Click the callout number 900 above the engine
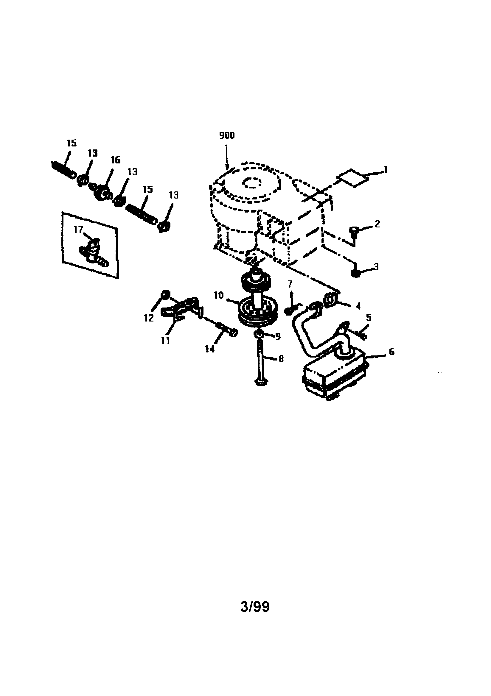[x=227, y=135]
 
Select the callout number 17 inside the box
[x=78, y=230]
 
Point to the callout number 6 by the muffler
[x=391, y=352]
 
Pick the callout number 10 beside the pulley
[x=218, y=295]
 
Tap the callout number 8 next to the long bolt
[x=281, y=359]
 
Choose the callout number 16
[x=115, y=160]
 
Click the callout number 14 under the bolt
[x=210, y=349]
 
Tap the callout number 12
[x=149, y=318]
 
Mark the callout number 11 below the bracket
[x=165, y=341]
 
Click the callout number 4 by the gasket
[x=358, y=306]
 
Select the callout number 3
[x=376, y=267]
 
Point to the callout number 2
[x=377, y=224]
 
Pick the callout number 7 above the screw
[x=290, y=284]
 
